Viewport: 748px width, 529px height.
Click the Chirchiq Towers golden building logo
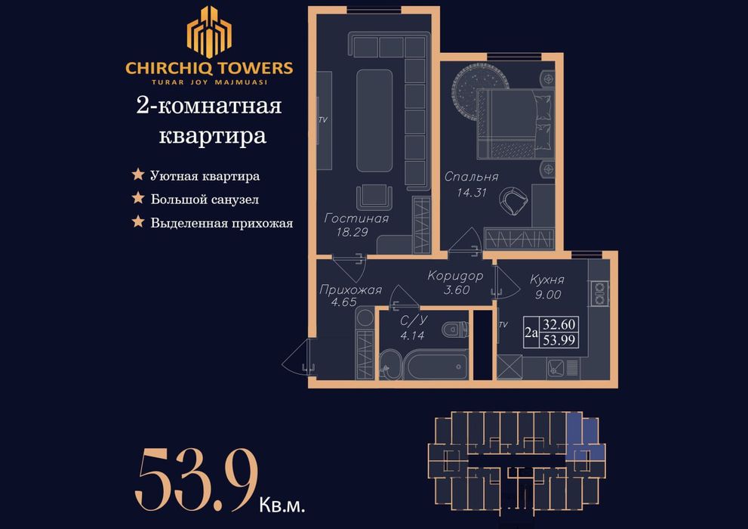click(x=209, y=32)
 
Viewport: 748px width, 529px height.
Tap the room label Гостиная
click(x=356, y=219)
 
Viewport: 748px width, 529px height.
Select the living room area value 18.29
click(x=352, y=233)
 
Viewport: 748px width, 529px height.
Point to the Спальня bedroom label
click(x=471, y=177)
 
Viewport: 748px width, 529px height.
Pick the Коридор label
click(x=454, y=276)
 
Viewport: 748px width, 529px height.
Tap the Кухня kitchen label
click(x=547, y=280)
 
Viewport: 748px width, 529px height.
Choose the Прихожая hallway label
click(x=350, y=289)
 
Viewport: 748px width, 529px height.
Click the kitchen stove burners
click(x=600, y=293)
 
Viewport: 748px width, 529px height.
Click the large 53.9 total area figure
click(x=196, y=478)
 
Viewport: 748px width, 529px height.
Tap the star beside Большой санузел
click(x=138, y=199)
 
